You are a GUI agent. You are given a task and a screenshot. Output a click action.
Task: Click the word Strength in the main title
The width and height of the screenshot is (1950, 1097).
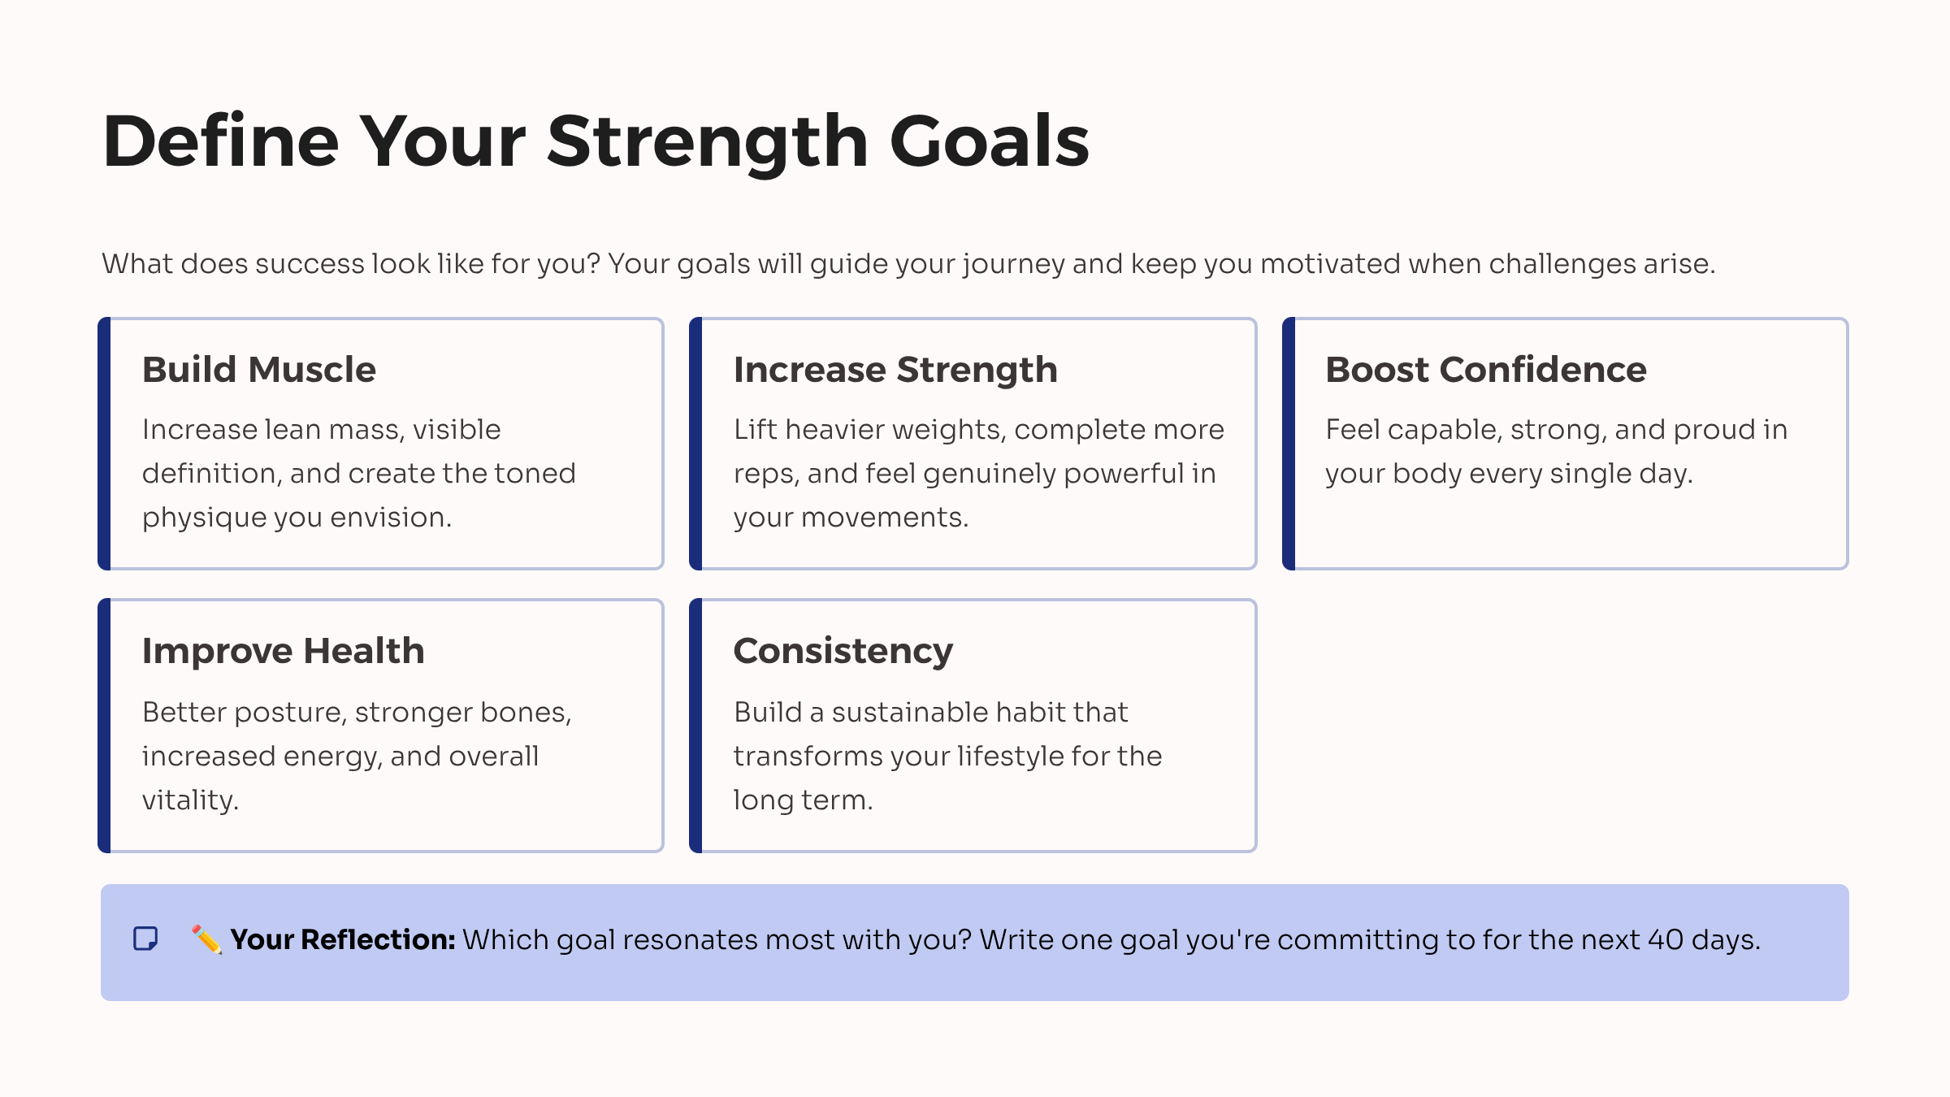pyautogui.click(x=707, y=142)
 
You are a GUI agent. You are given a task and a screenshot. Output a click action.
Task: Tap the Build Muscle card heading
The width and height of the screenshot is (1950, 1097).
pyautogui.click(x=258, y=370)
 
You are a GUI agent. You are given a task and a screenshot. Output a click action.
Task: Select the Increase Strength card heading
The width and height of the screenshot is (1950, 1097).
pyautogui.click(x=895, y=370)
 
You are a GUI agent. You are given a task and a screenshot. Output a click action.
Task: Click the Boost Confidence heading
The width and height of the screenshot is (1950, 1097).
pyautogui.click(x=1485, y=370)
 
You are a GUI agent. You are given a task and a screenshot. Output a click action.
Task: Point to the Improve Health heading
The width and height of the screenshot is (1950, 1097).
pyautogui.click(x=283, y=651)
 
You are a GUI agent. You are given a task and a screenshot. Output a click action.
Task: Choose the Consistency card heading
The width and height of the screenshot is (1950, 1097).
pyautogui.click(x=843, y=651)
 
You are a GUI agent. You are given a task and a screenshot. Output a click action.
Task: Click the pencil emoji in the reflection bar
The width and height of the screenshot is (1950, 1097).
pyautogui.click(x=206, y=939)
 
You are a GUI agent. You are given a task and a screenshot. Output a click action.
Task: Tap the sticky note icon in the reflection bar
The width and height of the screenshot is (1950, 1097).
pyautogui.click(x=145, y=939)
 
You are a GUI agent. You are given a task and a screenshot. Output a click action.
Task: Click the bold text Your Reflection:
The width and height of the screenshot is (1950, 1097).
pyautogui.click(x=342, y=939)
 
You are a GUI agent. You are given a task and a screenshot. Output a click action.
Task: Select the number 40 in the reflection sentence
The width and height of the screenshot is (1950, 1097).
pyautogui.click(x=1665, y=939)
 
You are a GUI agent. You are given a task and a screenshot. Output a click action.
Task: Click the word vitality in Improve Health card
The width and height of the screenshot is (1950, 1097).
pyautogui.click(x=189, y=800)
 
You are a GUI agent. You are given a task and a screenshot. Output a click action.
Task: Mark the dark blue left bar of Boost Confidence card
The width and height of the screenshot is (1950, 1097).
pyautogui.click(x=1288, y=444)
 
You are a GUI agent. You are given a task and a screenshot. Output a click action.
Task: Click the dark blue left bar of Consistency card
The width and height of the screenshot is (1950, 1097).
pyautogui.click(x=695, y=726)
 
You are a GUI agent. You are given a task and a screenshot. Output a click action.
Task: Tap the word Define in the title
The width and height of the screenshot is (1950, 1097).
pyautogui.click(x=220, y=142)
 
